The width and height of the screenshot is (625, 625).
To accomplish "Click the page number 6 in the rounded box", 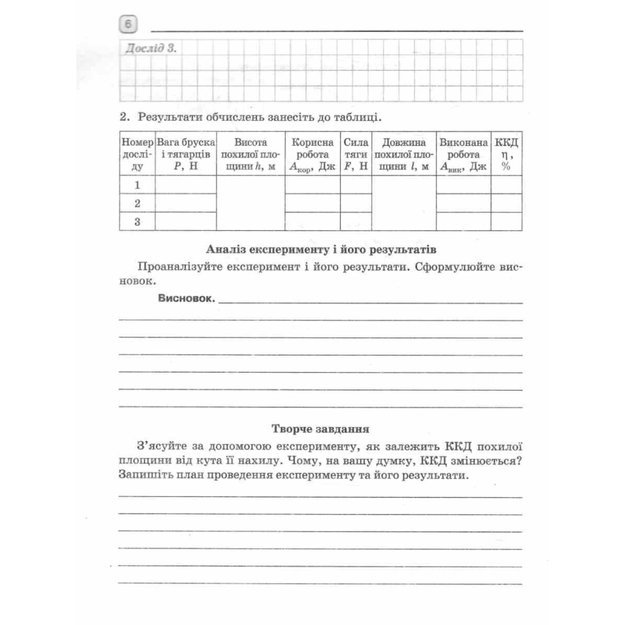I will click(x=128, y=25).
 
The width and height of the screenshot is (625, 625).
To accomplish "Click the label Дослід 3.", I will click(x=150, y=49).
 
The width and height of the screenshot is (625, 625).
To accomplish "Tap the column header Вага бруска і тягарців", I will click(x=186, y=154).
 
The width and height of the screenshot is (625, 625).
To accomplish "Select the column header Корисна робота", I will click(x=312, y=154).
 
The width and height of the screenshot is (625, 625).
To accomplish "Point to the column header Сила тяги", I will click(x=356, y=154).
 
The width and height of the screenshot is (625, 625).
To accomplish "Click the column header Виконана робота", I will click(x=463, y=154).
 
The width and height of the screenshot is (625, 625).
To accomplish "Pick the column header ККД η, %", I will click(x=506, y=154).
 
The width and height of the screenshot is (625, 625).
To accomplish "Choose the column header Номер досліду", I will click(x=137, y=154).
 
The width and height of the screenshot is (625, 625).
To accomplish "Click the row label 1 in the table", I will click(x=137, y=185).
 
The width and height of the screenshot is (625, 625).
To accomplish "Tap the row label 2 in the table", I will click(x=137, y=203).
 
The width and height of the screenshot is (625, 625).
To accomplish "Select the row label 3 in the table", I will click(x=137, y=222).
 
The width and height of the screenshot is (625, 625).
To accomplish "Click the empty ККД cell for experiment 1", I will click(x=506, y=185).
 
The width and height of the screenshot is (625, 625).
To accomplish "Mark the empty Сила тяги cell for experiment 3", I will click(x=356, y=222).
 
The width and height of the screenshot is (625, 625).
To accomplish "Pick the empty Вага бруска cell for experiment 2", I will click(x=186, y=203).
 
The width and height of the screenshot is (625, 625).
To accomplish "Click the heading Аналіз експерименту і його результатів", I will click(x=321, y=250).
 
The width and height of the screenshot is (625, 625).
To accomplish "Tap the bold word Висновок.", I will click(x=186, y=298).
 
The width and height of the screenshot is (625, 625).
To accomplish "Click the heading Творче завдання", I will click(x=320, y=428).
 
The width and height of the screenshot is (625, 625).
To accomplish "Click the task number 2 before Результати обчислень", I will click(x=123, y=116).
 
